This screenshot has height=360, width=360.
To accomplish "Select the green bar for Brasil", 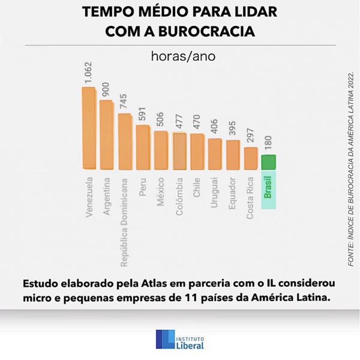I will pyautogui.click(x=268, y=163).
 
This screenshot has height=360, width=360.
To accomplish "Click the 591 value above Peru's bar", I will pyautogui.click(x=143, y=115).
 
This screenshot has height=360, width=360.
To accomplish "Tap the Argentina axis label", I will pyautogui.click(x=107, y=196).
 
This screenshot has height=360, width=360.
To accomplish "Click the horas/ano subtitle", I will pyautogui.click(x=180, y=57).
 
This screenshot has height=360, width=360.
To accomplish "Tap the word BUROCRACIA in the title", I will pyautogui.click(x=213, y=31).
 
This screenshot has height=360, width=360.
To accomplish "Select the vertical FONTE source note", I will pyautogui.click(x=351, y=168).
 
